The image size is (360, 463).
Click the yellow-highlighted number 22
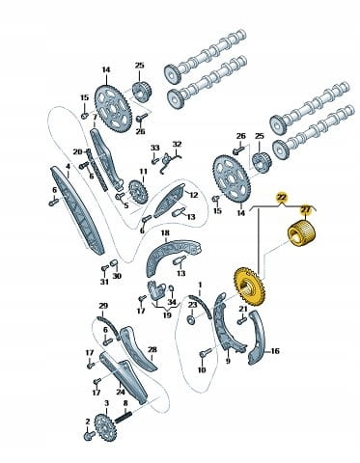[282, 197]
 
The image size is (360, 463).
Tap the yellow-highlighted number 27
[305, 209]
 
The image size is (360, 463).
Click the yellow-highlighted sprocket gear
[249, 286]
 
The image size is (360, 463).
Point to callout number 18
[165, 232]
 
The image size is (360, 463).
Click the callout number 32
[177, 144]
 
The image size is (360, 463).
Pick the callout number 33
[155, 148]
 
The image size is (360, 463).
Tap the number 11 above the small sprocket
[143, 171]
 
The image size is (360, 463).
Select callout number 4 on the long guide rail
[68, 166]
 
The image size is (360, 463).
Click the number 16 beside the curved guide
[275, 351]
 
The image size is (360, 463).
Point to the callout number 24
[121, 392]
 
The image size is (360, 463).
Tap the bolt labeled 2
[89, 436]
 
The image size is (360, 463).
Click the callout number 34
[172, 302]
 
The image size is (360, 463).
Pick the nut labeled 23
[191, 320]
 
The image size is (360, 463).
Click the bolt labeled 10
[205, 353]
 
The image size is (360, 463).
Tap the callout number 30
[117, 276]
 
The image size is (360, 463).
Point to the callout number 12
[194, 195]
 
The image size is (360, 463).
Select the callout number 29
[103, 306]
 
